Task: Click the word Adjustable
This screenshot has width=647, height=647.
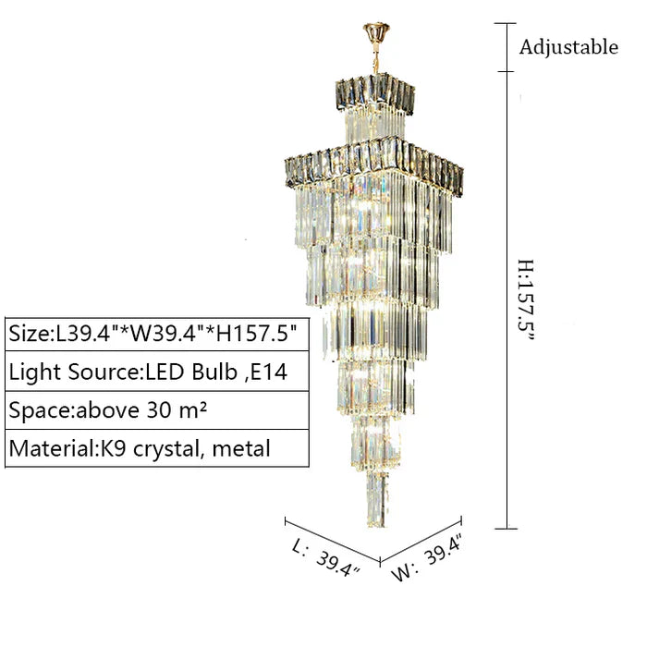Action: click(x=568, y=47)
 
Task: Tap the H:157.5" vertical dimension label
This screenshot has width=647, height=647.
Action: click(x=527, y=300)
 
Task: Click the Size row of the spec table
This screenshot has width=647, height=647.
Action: click(x=157, y=335)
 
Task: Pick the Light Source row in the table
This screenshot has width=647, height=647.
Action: click(x=157, y=372)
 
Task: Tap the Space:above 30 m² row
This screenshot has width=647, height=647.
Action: click(x=157, y=410)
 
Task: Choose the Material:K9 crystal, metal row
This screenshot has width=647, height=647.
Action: click(x=157, y=448)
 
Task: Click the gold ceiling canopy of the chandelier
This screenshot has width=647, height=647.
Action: click(x=376, y=33)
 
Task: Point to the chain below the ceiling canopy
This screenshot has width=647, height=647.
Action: click(x=376, y=58)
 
